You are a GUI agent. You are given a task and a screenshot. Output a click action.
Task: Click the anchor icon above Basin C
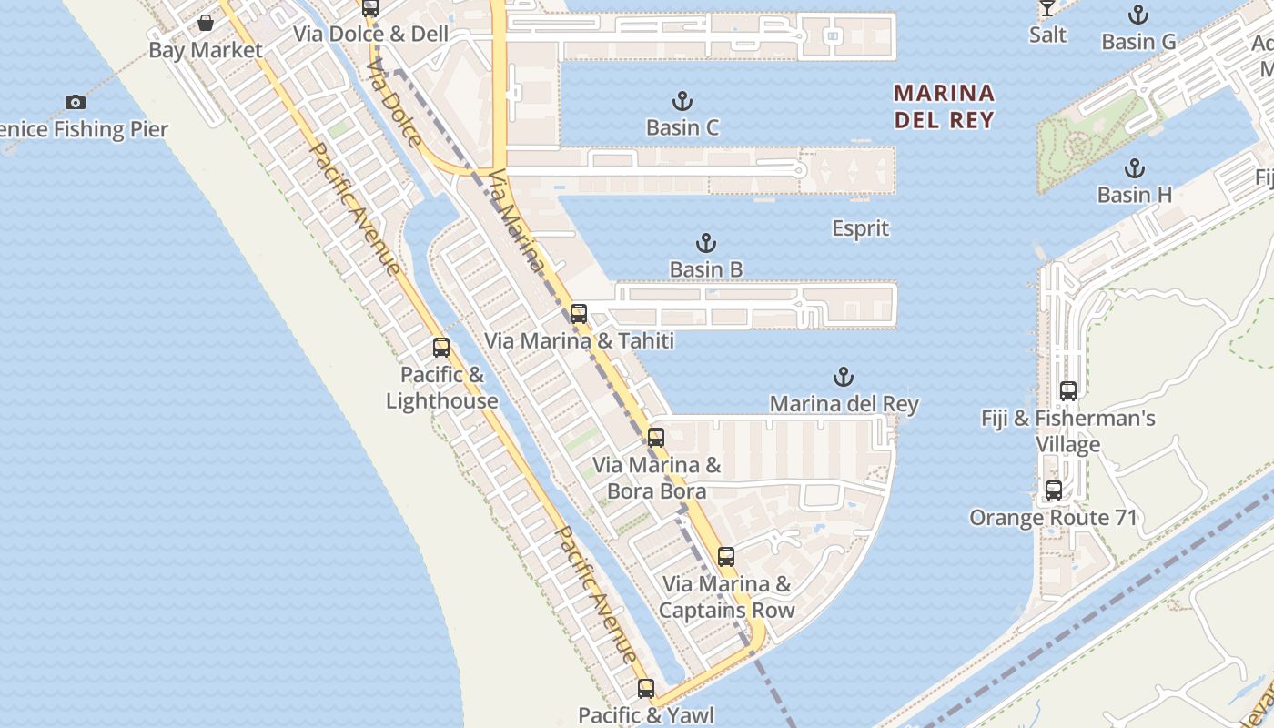[x=682, y=101]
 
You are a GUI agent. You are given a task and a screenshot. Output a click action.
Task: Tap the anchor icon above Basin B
[x=706, y=243]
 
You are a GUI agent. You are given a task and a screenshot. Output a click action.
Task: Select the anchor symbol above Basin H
[x=1134, y=168]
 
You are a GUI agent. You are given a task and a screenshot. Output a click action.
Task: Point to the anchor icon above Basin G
[x=1137, y=15]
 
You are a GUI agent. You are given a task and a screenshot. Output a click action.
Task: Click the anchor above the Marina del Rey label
[x=844, y=377]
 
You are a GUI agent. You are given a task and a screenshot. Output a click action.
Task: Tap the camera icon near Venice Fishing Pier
[x=76, y=102]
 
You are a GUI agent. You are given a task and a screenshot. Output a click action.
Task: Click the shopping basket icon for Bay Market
[x=206, y=23]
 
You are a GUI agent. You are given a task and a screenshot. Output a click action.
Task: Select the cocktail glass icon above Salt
[x=1047, y=8]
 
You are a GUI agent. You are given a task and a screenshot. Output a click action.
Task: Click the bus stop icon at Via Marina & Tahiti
[x=579, y=314]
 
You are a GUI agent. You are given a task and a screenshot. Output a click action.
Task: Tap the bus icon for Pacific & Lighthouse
[x=441, y=348]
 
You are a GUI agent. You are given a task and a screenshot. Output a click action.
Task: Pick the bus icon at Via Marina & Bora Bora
[x=656, y=437]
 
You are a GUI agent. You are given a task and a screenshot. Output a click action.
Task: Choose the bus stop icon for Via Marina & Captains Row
[x=726, y=556]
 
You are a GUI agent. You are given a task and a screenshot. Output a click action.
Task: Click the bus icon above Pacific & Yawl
[x=646, y=689]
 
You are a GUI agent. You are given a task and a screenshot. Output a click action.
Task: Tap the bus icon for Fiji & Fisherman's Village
[x=1068, y=391]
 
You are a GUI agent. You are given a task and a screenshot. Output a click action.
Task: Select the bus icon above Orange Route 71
[x=1054, y=490]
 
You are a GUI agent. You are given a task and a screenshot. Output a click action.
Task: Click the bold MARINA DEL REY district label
[x=944, y=106]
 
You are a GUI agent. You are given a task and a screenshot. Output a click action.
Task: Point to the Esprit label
[x=861, y=227]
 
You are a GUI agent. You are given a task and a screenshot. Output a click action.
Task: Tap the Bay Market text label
[x=206, y=50]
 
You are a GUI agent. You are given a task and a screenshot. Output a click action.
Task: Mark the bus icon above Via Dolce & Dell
[x=370, y=8]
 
